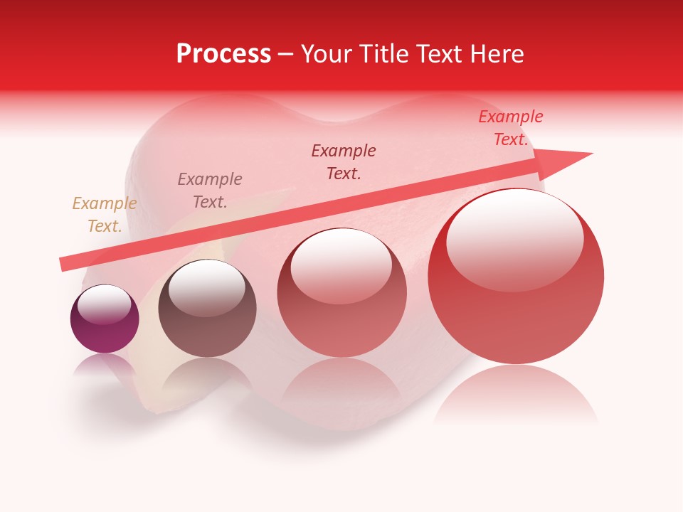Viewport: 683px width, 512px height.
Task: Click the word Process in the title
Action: click(223, 54)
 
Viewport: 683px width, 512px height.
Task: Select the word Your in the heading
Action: click(327, 54)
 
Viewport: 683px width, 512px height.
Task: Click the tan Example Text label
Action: click(104, 215)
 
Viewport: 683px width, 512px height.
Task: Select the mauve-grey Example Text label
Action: click(210, 191)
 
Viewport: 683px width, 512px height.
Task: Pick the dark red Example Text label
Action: click(344, 161)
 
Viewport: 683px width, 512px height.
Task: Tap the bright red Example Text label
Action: click(510, 128)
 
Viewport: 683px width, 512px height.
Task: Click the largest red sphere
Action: click(516, 313)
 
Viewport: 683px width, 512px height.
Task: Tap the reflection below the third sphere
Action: click(342, 388)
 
